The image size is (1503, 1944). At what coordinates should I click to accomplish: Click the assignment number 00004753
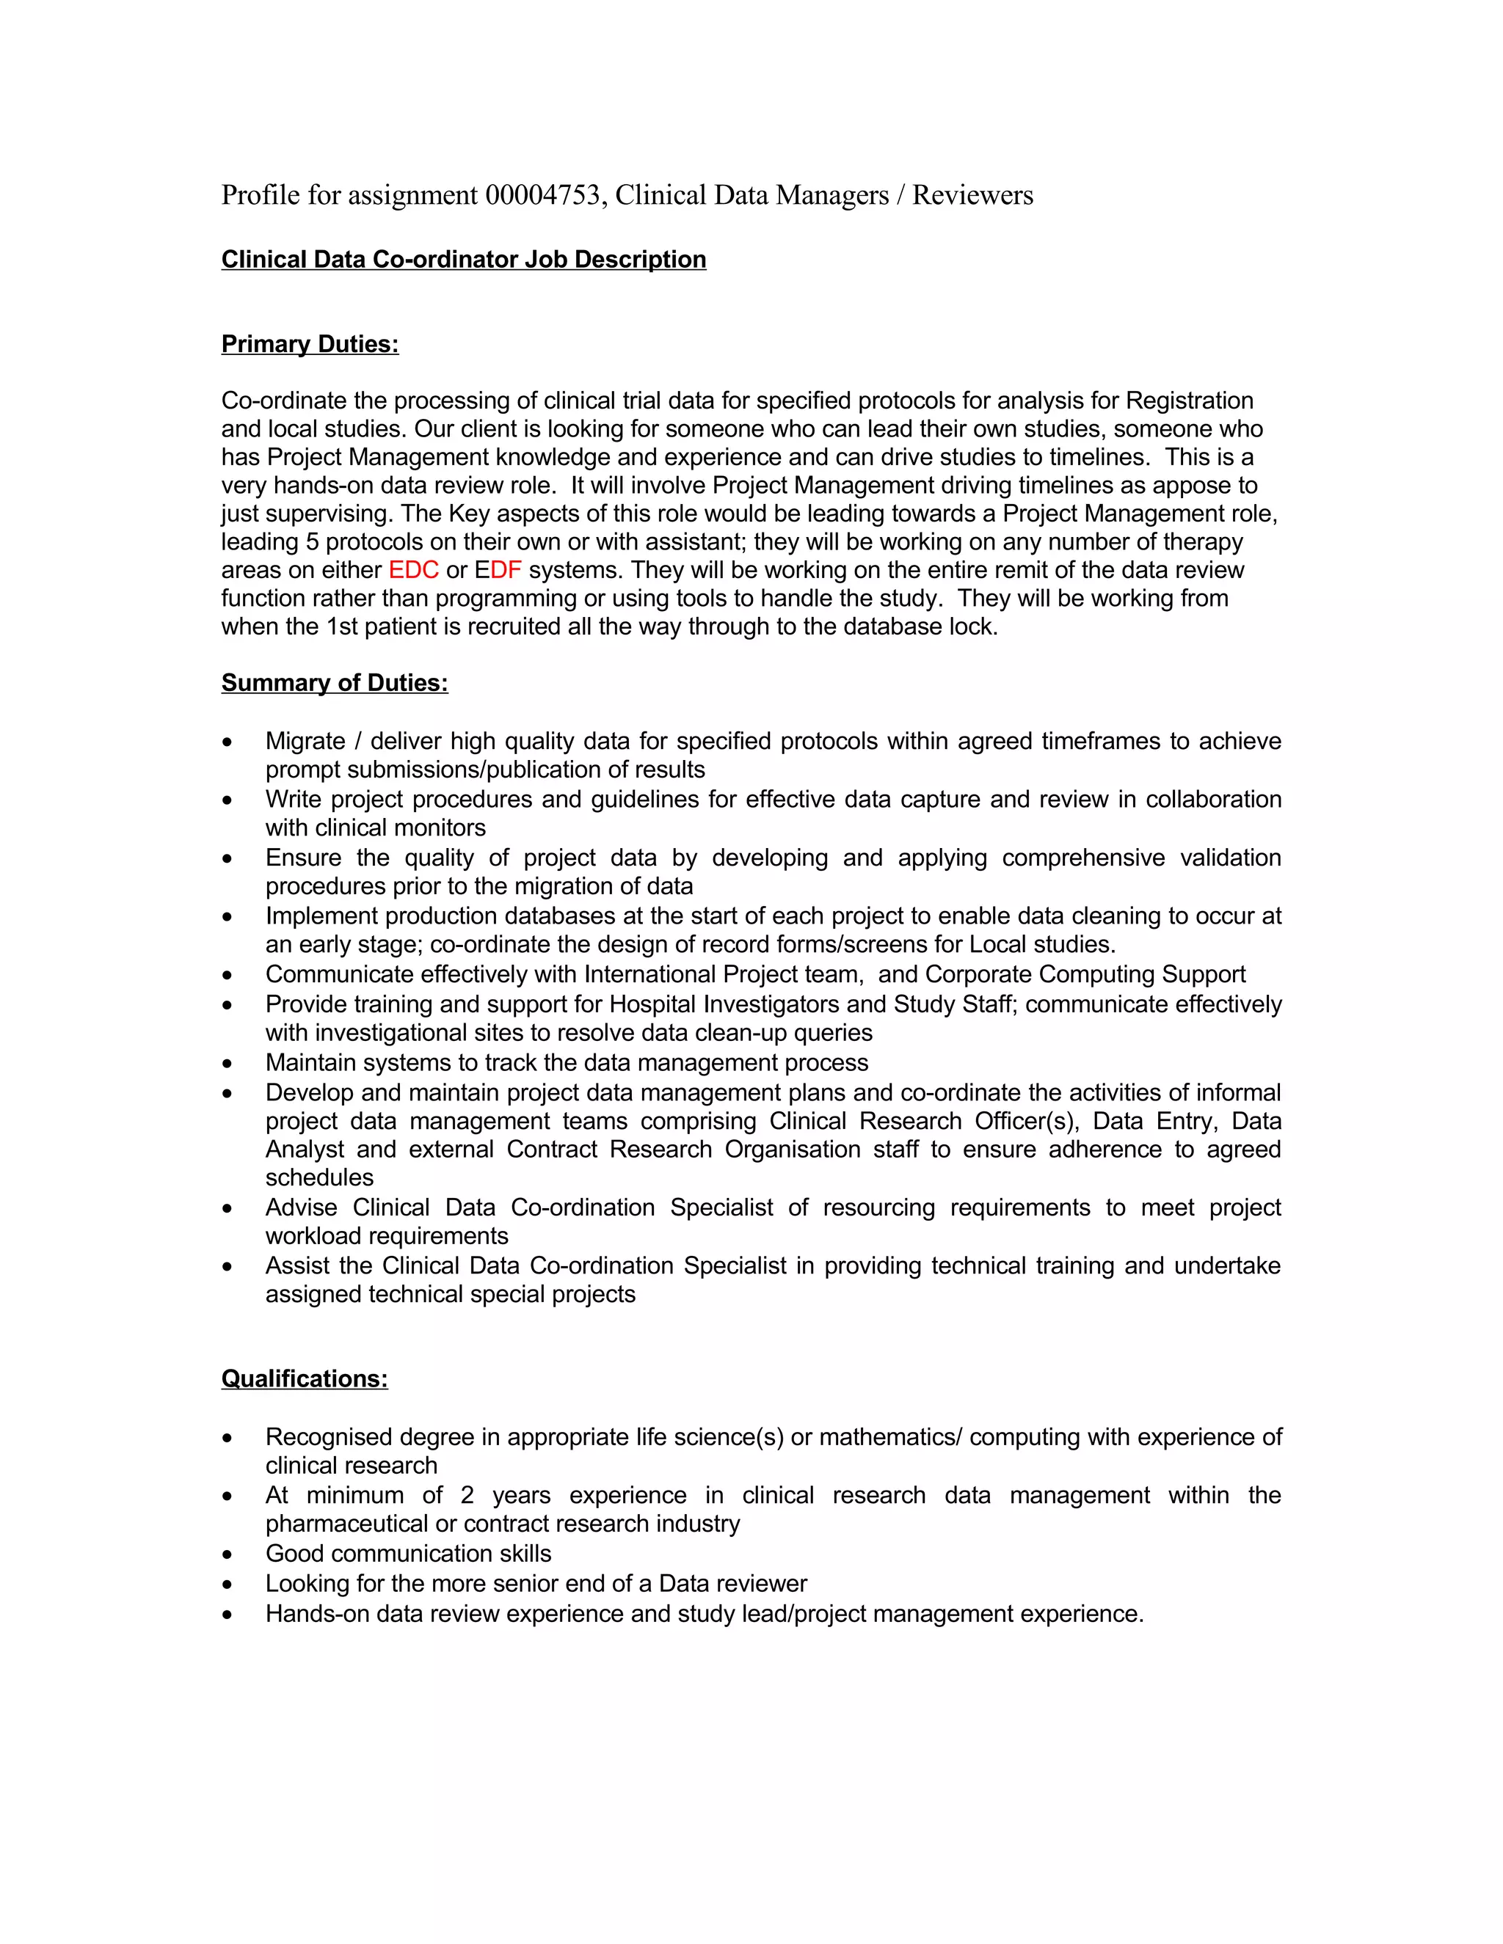542,195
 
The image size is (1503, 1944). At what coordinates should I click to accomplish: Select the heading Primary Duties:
309,345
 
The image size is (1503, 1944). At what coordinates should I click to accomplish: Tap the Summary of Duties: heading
334,683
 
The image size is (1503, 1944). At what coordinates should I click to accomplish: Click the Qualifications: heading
305,1379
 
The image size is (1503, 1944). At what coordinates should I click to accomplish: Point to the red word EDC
413,570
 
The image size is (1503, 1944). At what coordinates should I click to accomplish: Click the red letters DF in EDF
506,570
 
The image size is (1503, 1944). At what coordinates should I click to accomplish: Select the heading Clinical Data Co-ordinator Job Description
463,259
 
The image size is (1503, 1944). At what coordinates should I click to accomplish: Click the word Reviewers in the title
972,195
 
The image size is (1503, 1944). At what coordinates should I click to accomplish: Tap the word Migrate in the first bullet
305,741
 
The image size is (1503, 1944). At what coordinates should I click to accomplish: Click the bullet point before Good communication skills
228,1554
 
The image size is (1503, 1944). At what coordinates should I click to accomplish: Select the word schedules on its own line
319,1177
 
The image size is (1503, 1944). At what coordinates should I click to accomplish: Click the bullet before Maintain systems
228,1063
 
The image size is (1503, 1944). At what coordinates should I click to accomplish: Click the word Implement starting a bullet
321,916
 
